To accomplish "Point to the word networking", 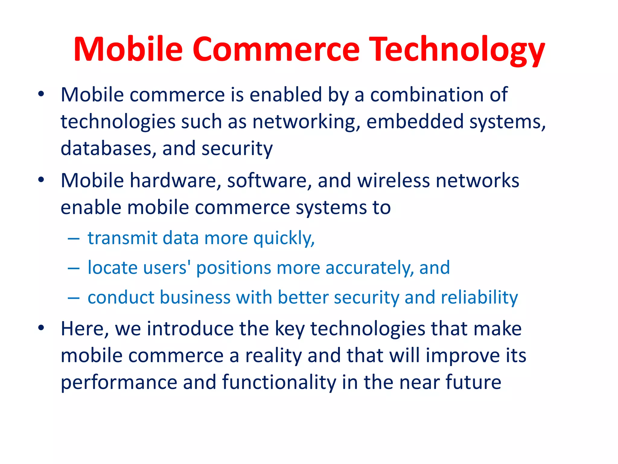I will [x=306, y=122].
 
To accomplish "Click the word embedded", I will [x=415, y=121].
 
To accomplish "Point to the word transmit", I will [x=123, y=238].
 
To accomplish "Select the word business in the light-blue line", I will [x=195, y=297].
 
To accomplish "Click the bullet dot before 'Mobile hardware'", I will [x=41, y=180].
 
